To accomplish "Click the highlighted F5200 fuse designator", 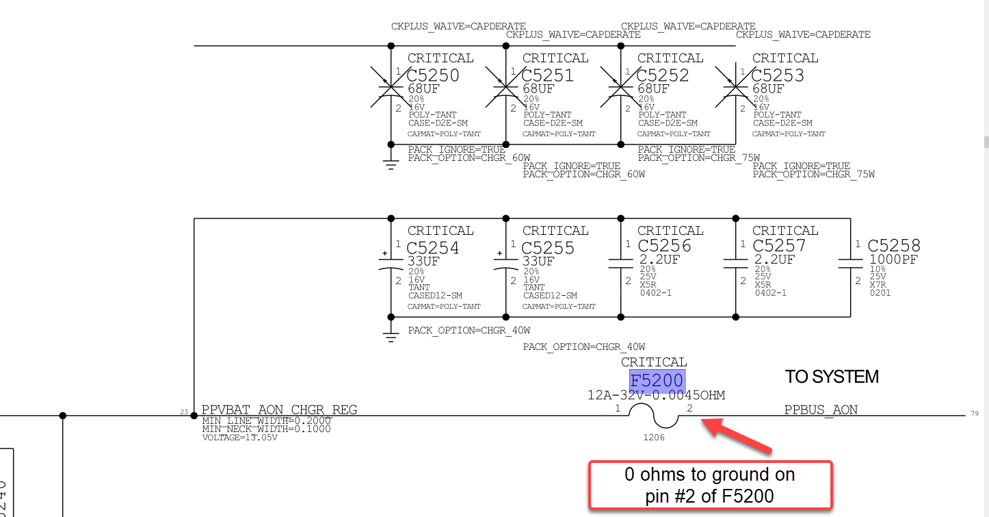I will click(657, 381).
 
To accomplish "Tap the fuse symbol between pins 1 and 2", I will click(655, 414).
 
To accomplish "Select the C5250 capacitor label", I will click(433, 75).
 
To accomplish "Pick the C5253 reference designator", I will click(778, 75).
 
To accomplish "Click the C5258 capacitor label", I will click(894, 246).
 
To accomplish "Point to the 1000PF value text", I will click(893, 260).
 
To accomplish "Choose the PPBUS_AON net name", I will click(821, 410).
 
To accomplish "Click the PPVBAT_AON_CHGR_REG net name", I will click(279, 410).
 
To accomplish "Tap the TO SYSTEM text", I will click(832, 377).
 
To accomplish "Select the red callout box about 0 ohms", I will click(710, 485).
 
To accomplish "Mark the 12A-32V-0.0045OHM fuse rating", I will click(656, 396).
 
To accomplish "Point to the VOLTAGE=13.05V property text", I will click(240, 437).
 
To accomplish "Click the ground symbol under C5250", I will click(391, 164).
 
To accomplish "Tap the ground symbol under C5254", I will click(391, 337).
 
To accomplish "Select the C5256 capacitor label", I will click(664, 246).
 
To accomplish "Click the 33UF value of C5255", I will click(539, 261).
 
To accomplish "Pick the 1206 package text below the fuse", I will click(654, 437).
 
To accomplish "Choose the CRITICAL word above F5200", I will click(654, 362).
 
